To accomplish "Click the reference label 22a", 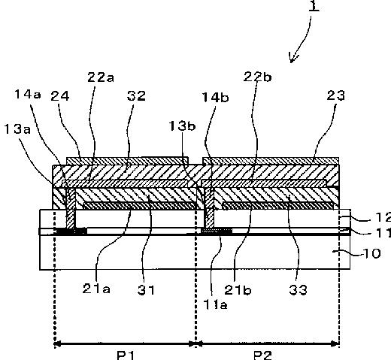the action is point(101,77).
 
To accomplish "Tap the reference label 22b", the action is point(257,77).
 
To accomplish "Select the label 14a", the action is point(28,94).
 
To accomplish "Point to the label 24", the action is point(60,96).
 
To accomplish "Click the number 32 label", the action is point(136,95).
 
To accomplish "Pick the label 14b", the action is point(215,97).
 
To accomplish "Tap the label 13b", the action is point(182,126).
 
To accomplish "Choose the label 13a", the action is point(17,129).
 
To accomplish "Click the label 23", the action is point(336,95).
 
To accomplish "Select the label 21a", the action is point(96,289).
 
